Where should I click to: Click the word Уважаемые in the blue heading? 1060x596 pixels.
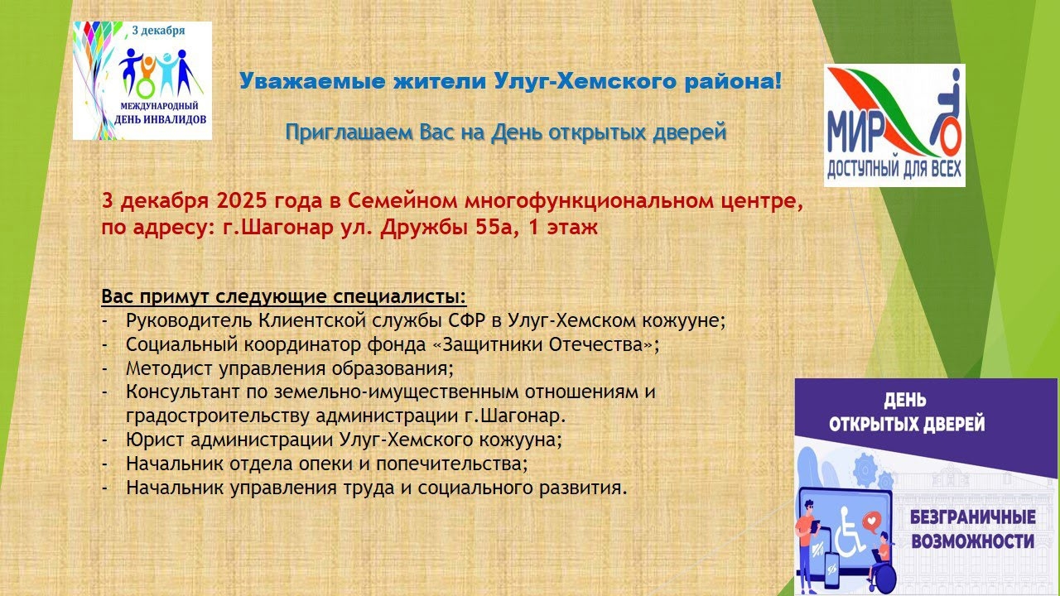[x=312, y=81]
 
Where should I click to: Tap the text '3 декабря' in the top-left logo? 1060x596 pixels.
[x=158, y=31]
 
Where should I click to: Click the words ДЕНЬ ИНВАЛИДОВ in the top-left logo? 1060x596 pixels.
[x=161, y=119]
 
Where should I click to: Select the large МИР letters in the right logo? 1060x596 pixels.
[x=854, y=132]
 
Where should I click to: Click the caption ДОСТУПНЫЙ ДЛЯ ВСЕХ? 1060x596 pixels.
[x=894, y=170]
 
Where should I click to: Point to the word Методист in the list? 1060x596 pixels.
[x=169, y=368]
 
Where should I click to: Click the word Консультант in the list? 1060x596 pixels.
[x=183, y=392]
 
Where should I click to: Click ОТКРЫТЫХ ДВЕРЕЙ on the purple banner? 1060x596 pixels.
[x=907, y=424]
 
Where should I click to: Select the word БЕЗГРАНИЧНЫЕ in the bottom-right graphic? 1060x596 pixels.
[x=973, y=517]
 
